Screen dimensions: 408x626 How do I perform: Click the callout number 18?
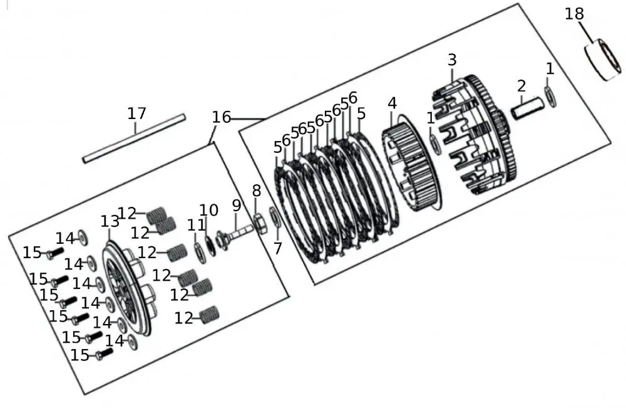574,14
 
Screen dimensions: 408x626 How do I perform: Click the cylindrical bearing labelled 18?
603,61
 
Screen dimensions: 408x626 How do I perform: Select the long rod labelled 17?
135,138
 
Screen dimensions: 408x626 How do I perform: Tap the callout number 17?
136,113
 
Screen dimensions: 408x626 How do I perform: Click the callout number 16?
221,117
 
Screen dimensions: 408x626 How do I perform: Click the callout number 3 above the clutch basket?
452,60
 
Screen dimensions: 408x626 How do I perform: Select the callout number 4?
392,102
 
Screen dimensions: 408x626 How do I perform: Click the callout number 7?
277,249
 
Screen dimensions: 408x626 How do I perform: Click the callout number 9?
236,205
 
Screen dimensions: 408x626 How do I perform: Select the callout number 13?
110,221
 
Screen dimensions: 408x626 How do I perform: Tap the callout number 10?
208,211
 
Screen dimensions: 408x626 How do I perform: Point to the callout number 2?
521,86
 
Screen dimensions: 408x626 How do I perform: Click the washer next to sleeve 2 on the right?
550,97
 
